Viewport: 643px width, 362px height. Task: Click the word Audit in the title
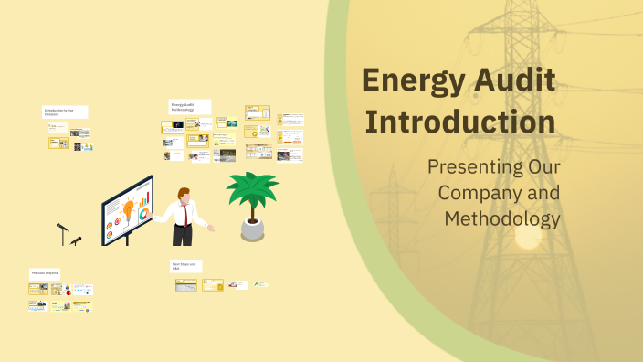pyautogui.click(x=520, y=81)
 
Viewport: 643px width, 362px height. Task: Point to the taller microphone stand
pyautogui.click(x=62, y=232)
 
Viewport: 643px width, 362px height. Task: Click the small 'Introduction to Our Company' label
pyautogui.click(x=65, y=112)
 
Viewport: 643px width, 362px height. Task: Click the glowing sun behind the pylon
pyautogui.click(x=527, y=237)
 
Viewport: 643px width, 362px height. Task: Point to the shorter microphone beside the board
pyautogui.click(x=77, y=241)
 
